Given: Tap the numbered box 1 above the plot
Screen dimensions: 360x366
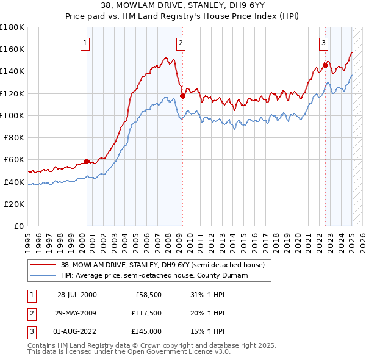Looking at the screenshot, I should click(x=85, y=43).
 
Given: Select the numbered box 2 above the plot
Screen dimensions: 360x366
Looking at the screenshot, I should click(x=182, y=43).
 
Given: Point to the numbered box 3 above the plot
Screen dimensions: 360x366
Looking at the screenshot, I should click(x=323, y=43).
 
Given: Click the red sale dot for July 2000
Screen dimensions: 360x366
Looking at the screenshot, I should click(x=87, y=161).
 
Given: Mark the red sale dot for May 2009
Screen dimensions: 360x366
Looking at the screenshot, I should click(x=182, y=96).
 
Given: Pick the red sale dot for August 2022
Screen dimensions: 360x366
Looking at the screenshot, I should click(x=325, y=65).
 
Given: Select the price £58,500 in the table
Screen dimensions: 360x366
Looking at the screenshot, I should click(x=148, y=295).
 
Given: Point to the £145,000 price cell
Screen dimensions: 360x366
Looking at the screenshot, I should click(x=146, y=331).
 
